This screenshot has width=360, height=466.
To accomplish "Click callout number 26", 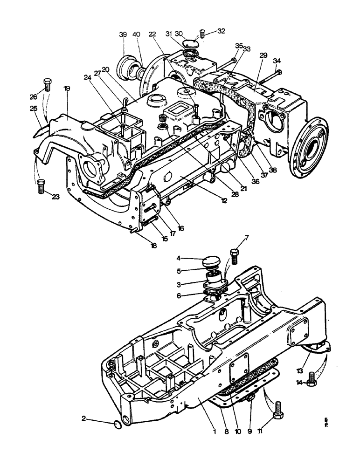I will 33,97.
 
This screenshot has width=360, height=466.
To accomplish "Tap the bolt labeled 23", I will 41,187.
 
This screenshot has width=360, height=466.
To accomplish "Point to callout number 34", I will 277,61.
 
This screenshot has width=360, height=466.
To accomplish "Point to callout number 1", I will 214,432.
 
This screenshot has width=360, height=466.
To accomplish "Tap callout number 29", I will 263,55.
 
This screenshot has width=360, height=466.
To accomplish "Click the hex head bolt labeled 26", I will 47,85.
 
